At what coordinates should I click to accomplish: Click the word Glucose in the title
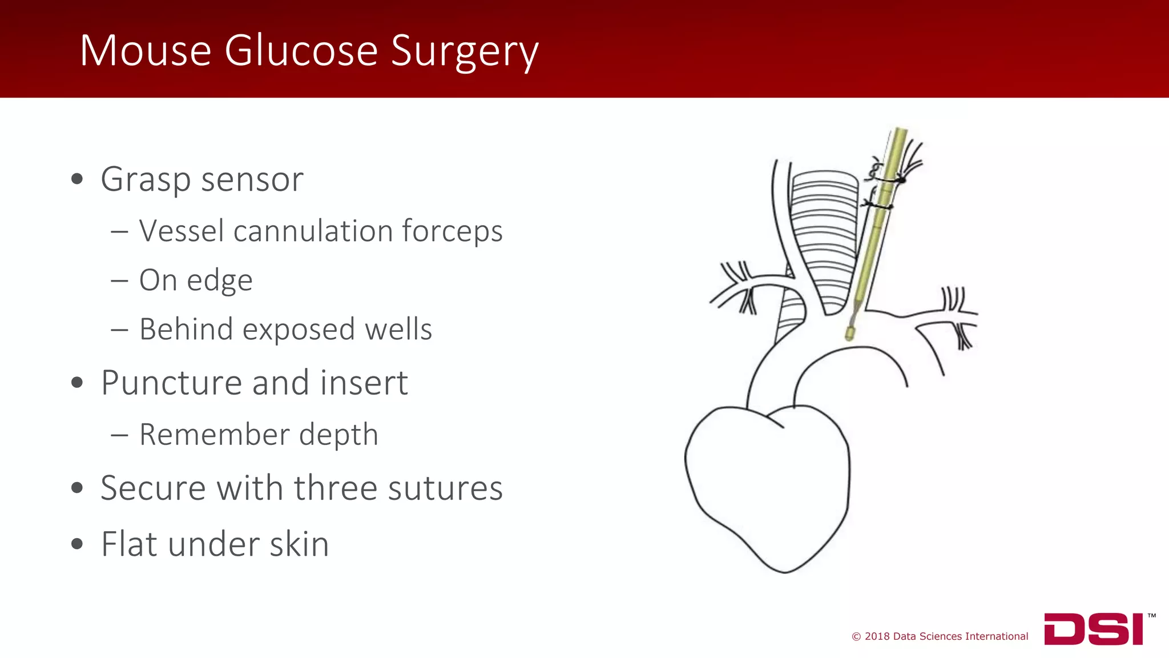[301, 51]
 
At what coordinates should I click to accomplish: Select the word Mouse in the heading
[146, 51]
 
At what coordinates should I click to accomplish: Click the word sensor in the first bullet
[252, 179]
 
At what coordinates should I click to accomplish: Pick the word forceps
[452, 232]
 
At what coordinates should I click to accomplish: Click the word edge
[220, 281]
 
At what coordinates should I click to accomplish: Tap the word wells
[398, 329]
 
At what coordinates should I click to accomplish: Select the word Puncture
[172, 383]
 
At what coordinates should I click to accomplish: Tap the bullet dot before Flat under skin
[77, 544]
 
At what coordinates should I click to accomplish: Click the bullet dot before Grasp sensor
[77, 179]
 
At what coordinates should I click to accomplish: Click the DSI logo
[1094, 629]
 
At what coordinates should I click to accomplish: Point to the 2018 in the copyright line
[877, 636]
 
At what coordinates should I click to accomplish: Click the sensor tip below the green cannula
[850, 333]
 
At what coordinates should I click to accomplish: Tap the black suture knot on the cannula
[901, 180]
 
